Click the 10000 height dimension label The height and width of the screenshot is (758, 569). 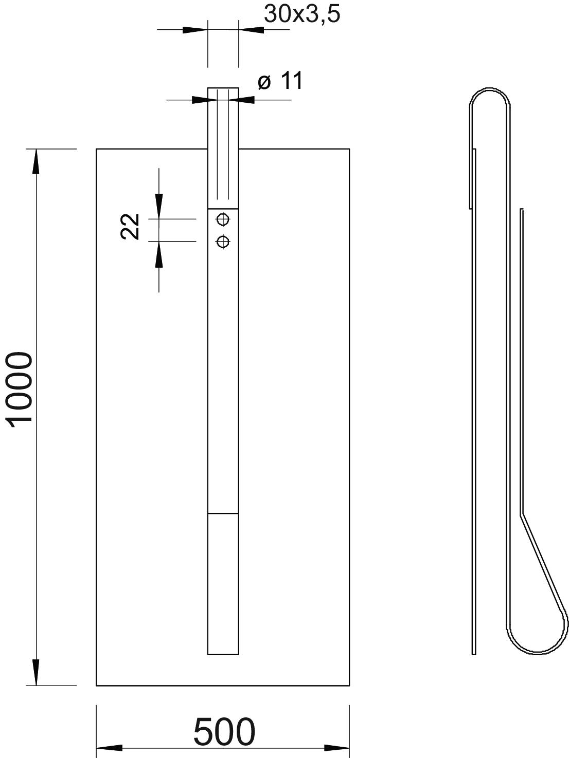click(20, 390)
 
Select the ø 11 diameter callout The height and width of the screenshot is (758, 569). click(280, 81)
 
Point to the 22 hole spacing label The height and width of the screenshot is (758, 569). click(130, 227)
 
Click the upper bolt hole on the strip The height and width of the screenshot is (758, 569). click(223, 219)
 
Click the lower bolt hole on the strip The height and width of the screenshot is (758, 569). click(223, 242)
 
